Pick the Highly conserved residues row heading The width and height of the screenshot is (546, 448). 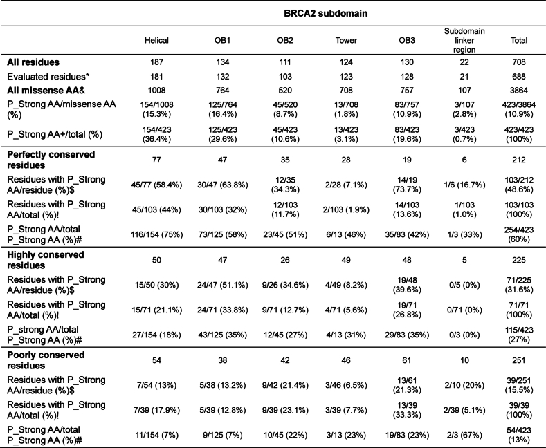click(44, 260)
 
